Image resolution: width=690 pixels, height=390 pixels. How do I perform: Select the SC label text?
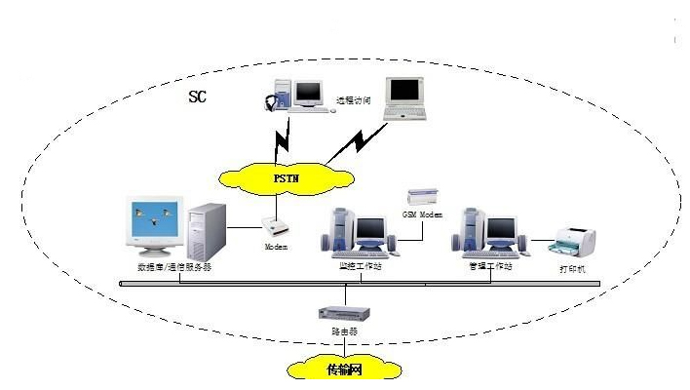[x=198, y=99]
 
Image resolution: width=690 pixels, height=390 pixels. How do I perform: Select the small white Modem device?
[x=279, y=228]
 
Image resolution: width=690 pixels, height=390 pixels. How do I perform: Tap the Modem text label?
[x=278, y=248]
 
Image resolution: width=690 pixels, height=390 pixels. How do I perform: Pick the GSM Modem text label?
[x=423, y=212]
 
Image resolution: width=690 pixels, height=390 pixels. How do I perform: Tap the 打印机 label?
[x=574, y=268]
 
